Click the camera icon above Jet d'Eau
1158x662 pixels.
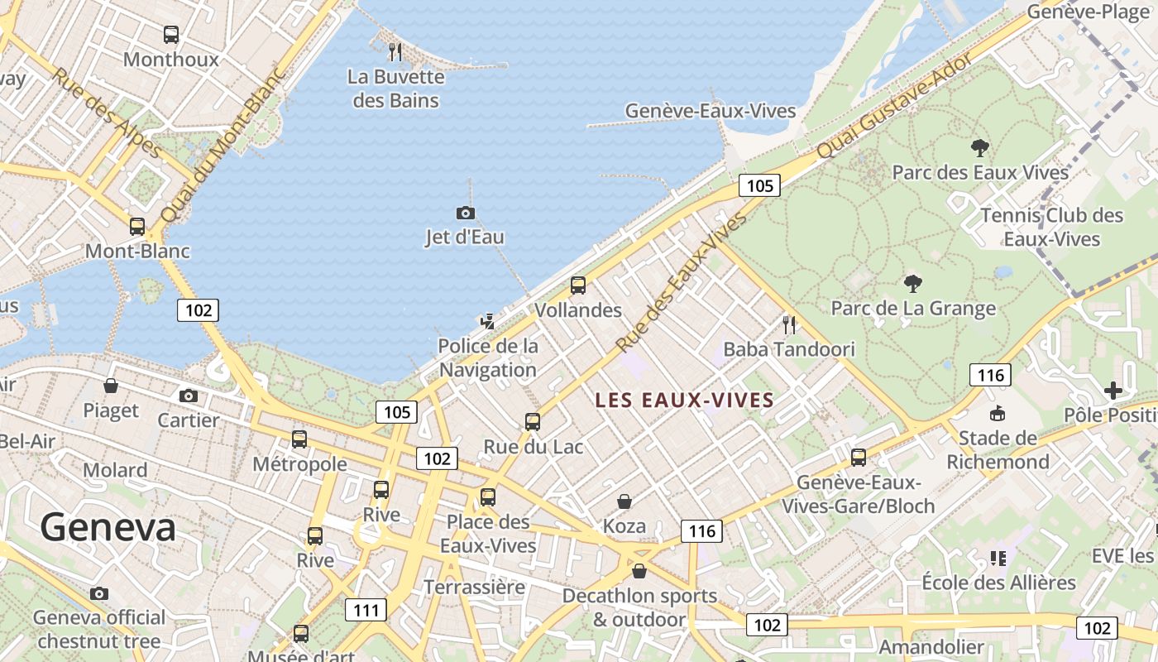[x=466, y=213]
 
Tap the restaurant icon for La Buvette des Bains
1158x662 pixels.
[x=395, y=52]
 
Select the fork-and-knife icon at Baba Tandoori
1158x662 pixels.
[x=789, y=324]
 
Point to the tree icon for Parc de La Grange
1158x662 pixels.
[x=913, y=284]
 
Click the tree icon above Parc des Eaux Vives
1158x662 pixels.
[x=980, y=148]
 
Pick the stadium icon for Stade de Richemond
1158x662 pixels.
[x=998, y=413]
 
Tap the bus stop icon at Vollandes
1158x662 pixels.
[x=578, y=285]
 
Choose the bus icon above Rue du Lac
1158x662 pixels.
[x=533, y=422]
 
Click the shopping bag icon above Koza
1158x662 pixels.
[x=624, y=501]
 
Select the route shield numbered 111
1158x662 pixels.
[x=366, y=611]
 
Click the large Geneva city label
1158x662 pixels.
[x=108, y=527]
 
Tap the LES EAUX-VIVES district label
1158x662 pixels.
[x=684, y=401]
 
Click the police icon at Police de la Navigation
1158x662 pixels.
[x=488, y=321]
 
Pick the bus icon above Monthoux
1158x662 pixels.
[x=171, y=35]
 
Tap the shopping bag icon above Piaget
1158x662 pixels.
[x=111, y=386]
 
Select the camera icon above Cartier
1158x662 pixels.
[x=189, y=396]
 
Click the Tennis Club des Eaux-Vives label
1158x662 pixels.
[x=1051, y=228]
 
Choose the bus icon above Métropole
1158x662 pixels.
[x=299, y=439]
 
